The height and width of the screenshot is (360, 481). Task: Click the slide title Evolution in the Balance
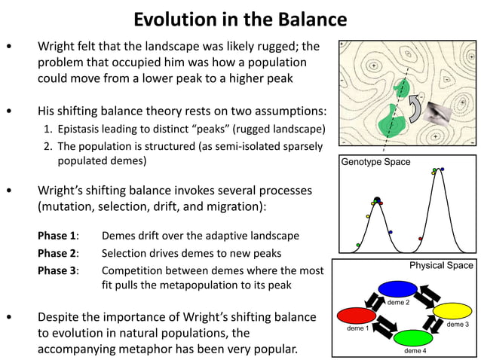pyautogui.click(x=240, y=19)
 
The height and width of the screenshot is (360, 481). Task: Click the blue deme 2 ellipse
pyautogui.click(x=397, y=288)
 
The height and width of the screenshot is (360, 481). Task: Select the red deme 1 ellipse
pyautogui.click(x=357, y=314)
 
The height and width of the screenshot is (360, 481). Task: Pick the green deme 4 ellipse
pyautogui.click(x=414, y=337)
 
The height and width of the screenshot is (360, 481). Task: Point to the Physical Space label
pyautogui.click(x=441, y=265)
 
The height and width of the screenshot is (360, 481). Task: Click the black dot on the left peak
pyautogui.click(x=377, y=200)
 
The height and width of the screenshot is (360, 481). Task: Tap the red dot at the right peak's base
pyautogui.click(x=420, y=239)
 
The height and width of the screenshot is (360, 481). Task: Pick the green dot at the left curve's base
pyautogui.click(x=358, y=245)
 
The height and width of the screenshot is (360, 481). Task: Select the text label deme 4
pyautogui.click(x=414, y=351)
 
